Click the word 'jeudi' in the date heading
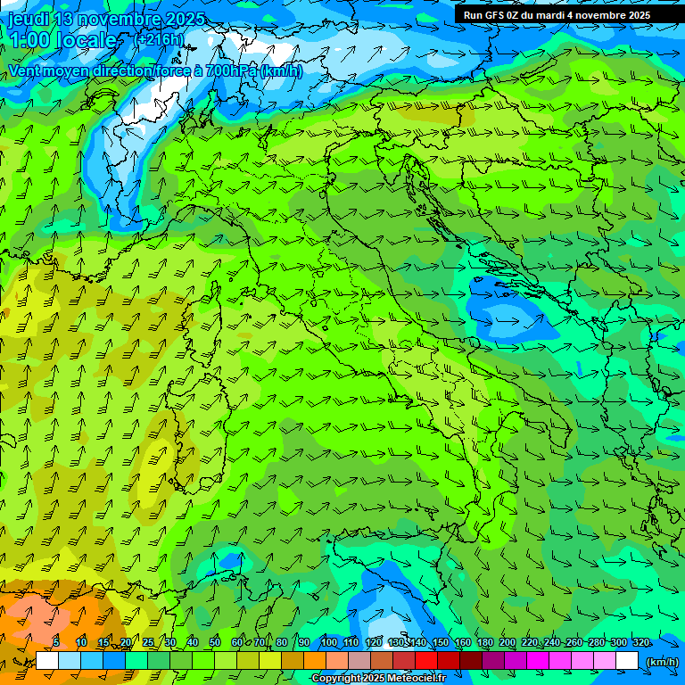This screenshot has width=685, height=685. point(28,19)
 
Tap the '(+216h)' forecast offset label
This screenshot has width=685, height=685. point(158,39)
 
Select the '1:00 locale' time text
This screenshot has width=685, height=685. point(62,40)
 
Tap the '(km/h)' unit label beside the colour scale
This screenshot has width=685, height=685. point(661,661)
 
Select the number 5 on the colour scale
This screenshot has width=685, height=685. point(56,643)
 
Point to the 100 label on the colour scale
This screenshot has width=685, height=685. point(329,643)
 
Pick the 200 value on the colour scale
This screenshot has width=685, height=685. point(508,643)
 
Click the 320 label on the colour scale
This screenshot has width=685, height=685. point(641,643)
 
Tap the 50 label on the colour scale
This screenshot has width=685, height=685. point(215,643)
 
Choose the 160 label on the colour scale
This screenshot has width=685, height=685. point(463,643)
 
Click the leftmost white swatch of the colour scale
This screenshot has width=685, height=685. point(46,661)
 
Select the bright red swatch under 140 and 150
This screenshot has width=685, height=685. point(426,661)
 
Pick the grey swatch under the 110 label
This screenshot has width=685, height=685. point(359,661)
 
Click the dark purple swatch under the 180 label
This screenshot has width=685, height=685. point(493,661)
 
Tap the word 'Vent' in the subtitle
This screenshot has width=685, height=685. point(26,70)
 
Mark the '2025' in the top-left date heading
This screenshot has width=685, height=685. point(185,19)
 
